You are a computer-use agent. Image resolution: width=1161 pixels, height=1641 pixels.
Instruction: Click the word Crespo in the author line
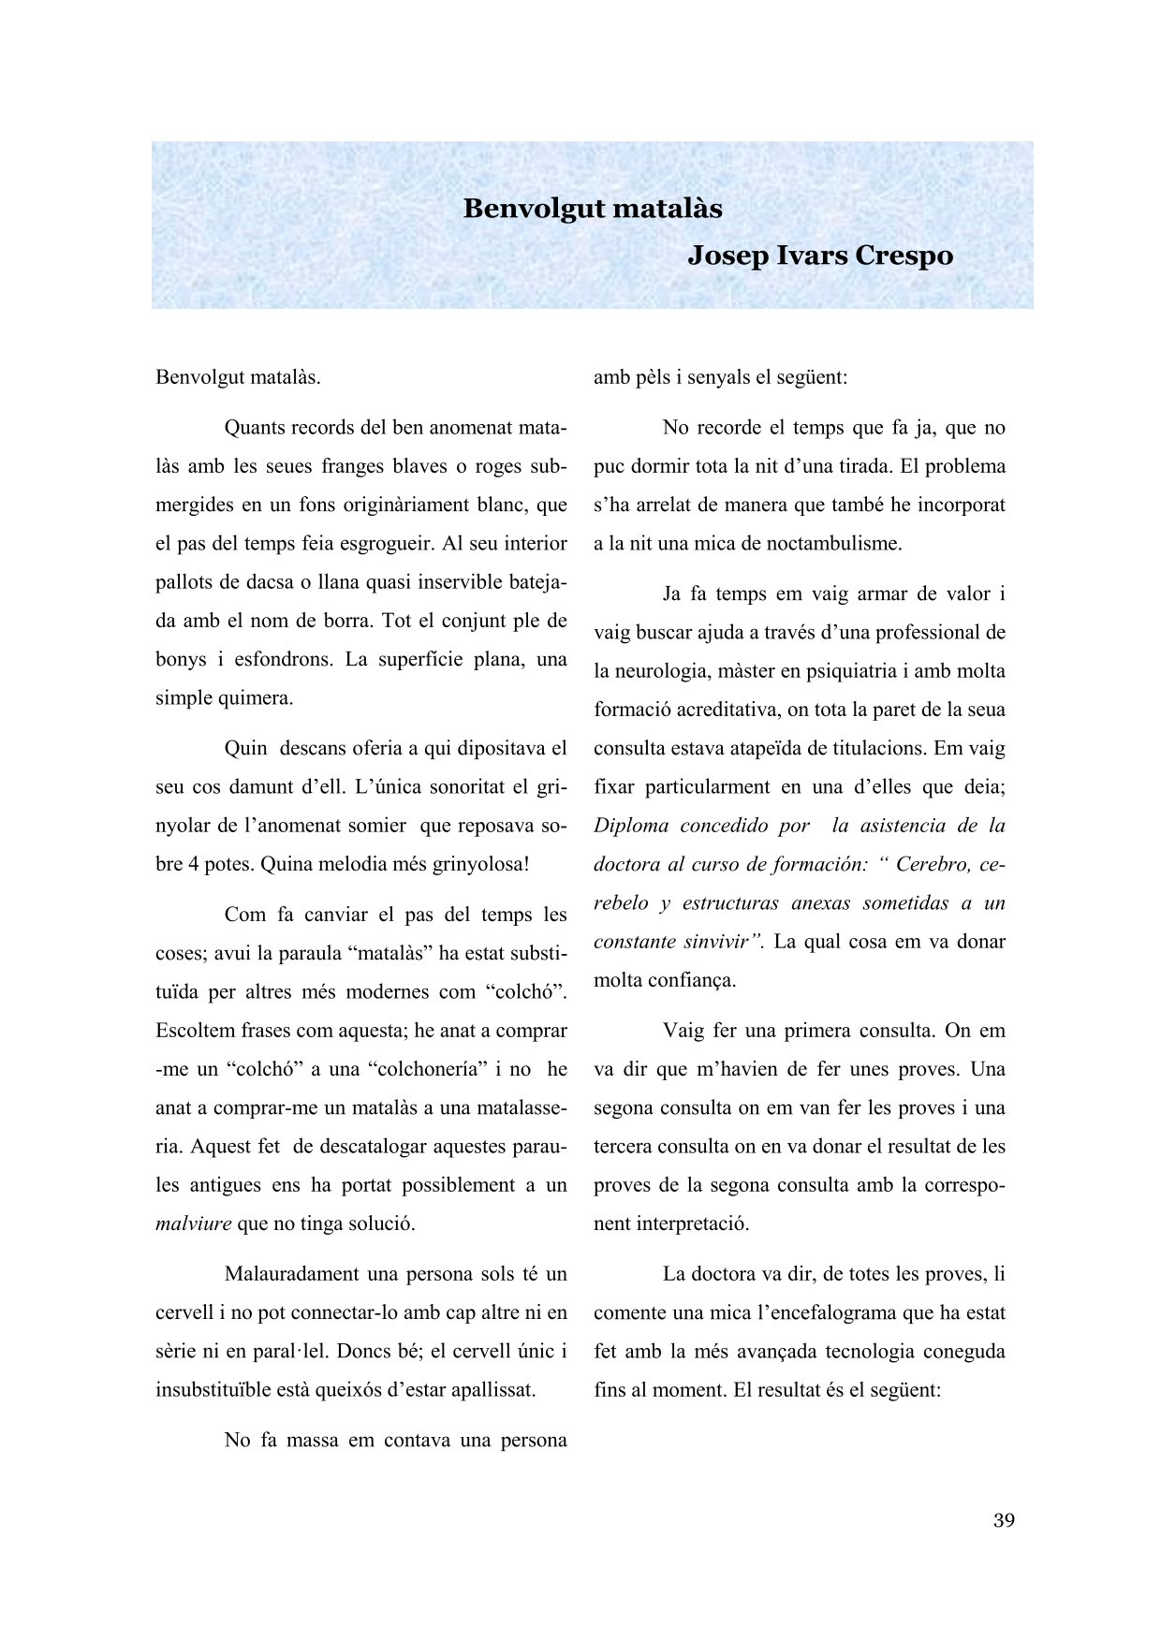[x=900, y=256]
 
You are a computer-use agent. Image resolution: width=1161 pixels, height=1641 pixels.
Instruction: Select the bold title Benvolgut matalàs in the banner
[x=592, y=208]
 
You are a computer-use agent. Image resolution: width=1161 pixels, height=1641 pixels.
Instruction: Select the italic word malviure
[x=193, y=1223]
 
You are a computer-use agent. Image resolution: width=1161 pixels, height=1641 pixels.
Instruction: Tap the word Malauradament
[x=291, y=1274]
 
